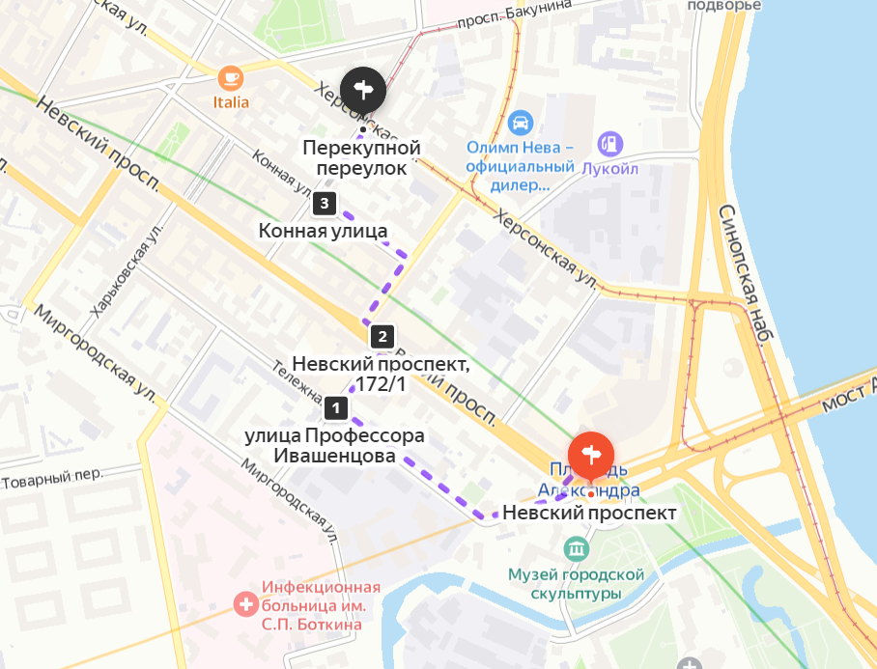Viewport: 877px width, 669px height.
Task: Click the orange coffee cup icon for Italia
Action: (230, 77)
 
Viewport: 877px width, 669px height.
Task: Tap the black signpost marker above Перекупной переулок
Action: (363, 92)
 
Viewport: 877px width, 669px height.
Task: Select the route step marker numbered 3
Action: (325, 204)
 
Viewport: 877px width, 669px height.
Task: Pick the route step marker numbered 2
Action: (382, 337)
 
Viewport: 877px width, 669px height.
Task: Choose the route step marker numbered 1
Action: (335, 408)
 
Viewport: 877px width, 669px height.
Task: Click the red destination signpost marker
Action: (591, 454)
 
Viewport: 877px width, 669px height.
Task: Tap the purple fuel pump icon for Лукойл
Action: (610, 144)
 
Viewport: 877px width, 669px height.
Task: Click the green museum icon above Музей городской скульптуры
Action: (578, 549)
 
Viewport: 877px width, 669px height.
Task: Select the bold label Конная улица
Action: (323, 231)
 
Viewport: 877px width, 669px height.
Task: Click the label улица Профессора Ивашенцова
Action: (334, 445)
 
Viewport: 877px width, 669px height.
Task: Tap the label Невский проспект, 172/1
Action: (381, 374)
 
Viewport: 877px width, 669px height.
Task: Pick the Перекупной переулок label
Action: (361, 158)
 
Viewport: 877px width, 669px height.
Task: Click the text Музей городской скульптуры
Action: (578, 584)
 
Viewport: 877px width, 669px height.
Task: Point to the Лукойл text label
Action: (610, 168)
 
